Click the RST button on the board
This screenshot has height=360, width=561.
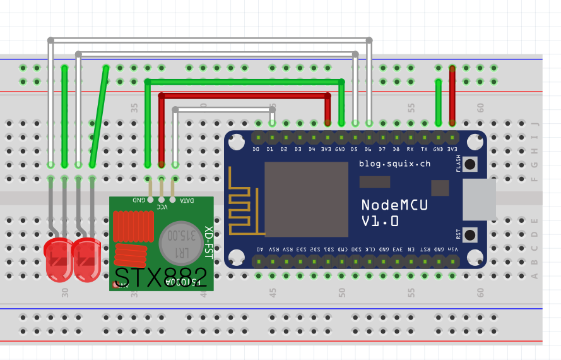click(x=469, y=234)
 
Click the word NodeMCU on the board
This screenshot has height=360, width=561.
click(x=394, y=205)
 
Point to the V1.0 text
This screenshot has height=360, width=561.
click(x=380, y=221)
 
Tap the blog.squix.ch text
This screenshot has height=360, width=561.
click(x=394, y=164)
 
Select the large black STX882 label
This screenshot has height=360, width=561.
click(x=160, y=277)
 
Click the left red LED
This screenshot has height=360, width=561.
click(x=59, y=260)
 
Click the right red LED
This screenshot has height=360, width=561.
click(x=87, y=260)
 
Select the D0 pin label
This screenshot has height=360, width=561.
click(x=256, y=150)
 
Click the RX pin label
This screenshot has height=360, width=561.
click(x=410, y=150)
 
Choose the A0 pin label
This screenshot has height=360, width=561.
click(x=259, y=249)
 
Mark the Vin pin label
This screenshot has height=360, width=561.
click(x=452, y=249)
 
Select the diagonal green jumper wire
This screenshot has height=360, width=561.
click(x=99, y=116)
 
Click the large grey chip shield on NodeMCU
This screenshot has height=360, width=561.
click(x=306, y=198)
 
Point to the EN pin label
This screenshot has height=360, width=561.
click(x=411, y=249)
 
